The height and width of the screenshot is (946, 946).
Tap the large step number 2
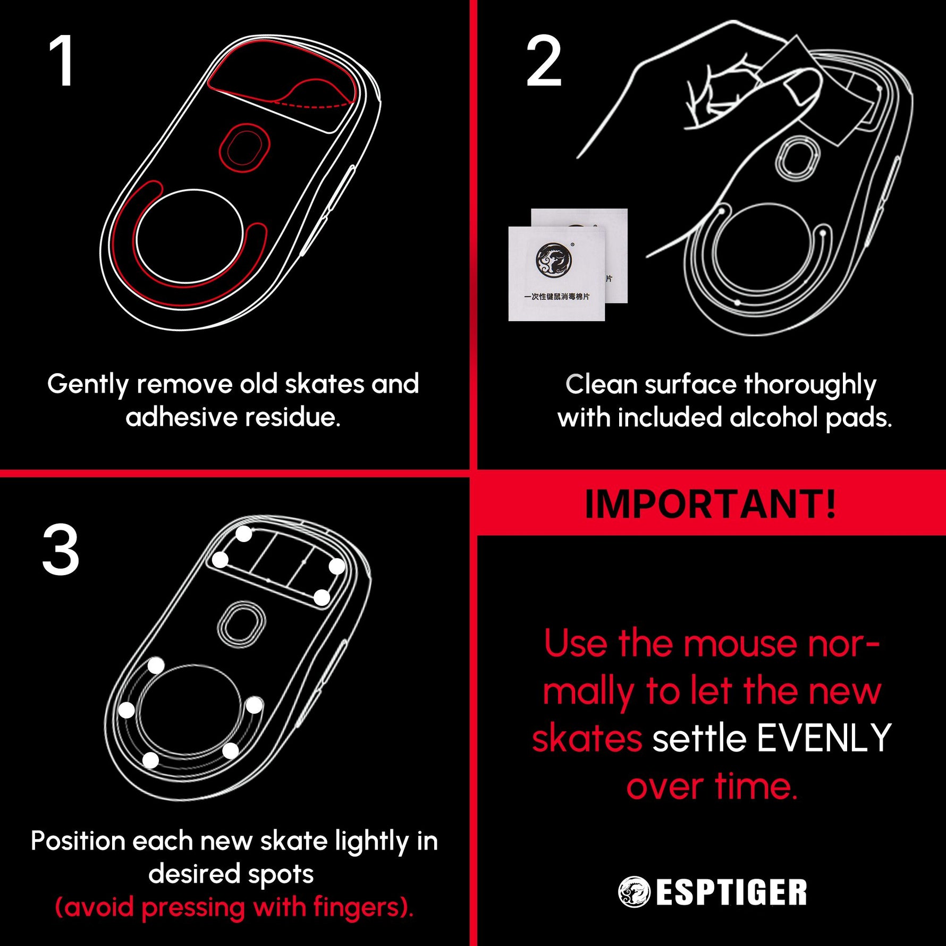coord(544,61)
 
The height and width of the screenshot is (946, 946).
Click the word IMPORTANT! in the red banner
coord(711,503)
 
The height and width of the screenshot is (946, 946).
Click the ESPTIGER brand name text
coord(731,892)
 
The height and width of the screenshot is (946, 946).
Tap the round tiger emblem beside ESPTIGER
coord(634,892)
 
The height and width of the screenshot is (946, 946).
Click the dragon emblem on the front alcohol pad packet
coord(553,260)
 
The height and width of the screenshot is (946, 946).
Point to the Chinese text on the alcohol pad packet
coord(556,297)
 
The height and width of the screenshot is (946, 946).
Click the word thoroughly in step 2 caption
coord(810,385)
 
